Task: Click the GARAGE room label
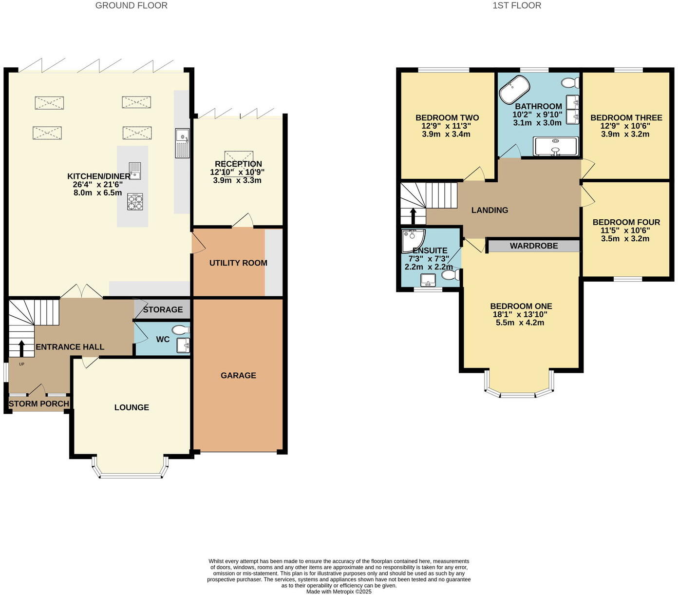[x=238, y=375]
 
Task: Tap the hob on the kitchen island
[x=135, y=202]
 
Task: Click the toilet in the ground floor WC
[x=181, y=330]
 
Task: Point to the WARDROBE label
[x=534, y=246]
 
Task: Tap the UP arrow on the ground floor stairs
[x=21, y=348]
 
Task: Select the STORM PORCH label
[x=39, y=403]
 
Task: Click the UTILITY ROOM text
[x=238, y=263]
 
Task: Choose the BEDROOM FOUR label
[x=626, y=222]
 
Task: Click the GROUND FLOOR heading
[x=132, y=6]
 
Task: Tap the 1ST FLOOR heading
[x=517, y=6]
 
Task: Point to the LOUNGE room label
[x=132, y=407]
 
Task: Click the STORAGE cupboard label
[x=163, y=309]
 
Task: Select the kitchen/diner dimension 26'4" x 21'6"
[x=95, y=184]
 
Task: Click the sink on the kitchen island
[x=135, y=171]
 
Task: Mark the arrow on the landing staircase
[x=413, y=215]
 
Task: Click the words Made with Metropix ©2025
[x=339, y=592]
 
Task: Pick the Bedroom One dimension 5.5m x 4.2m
[x=521, y=323]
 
